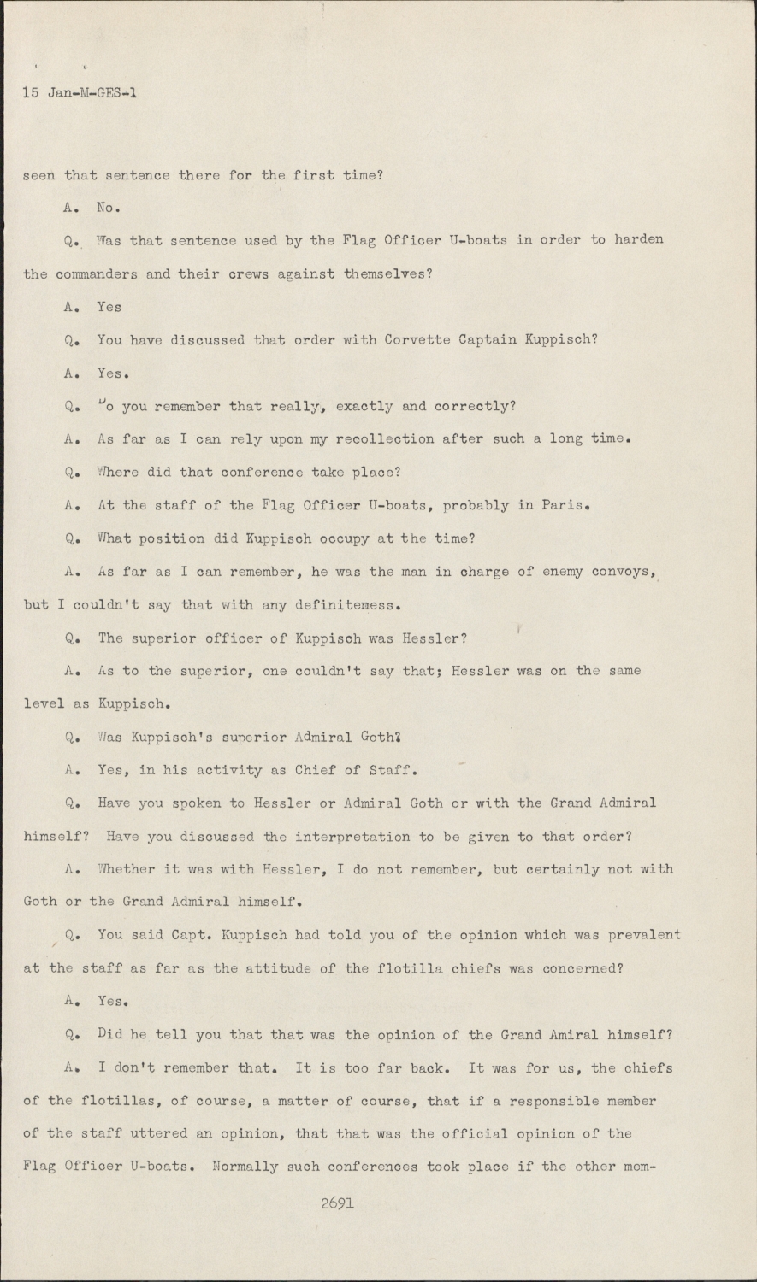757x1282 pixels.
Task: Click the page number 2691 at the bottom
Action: coord(337,1203)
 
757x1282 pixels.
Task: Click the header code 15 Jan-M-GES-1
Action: coord(80,94)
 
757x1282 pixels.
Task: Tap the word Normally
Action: coord(243,1167)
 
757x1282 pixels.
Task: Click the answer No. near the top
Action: coord(108,207)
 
